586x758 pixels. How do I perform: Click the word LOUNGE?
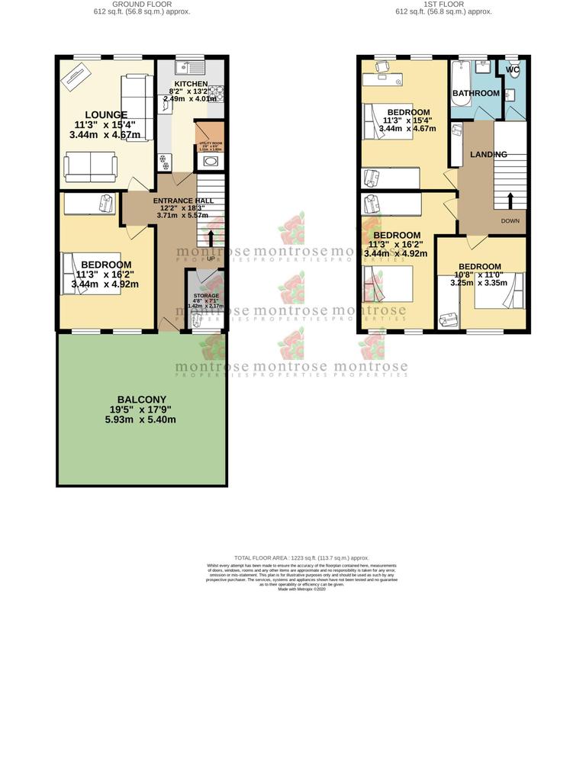[x=105, y=115]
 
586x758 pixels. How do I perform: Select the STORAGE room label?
[x=205, y=295]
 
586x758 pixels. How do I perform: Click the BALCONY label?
[x=141, y=400]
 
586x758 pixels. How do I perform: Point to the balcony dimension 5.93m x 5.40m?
[x=141, y=419]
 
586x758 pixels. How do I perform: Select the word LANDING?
[x=488, y=155]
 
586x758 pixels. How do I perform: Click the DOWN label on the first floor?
[x=511, y=221]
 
